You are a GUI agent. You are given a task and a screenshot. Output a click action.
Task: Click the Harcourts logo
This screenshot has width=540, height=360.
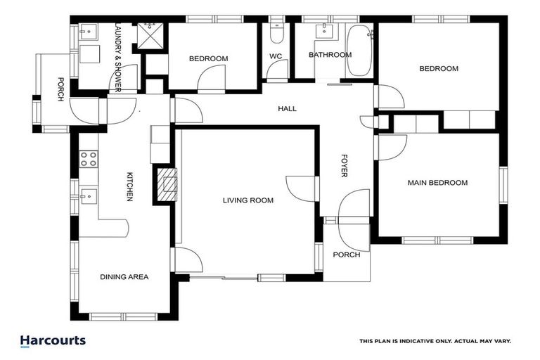pyautogui.click(x=53, y=341)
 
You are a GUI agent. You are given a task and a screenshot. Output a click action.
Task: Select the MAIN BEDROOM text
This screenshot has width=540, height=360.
pyautogui.click(x=437, y=183)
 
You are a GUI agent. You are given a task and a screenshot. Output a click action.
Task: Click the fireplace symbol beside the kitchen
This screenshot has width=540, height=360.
pyautogui.click(x=167, y=184)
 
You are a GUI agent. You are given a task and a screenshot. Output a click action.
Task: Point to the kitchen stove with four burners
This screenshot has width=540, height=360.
pyautogui.click(x=88, y=159)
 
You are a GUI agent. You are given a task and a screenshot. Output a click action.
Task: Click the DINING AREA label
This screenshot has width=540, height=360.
pyautogui.click(x=124, y=277)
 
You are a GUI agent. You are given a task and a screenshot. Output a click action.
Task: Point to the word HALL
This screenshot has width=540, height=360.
pyautogui.click(x=287, y=109)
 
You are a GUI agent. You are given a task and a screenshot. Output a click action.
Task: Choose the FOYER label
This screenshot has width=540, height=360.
pyautogui.click(x=344, y=165)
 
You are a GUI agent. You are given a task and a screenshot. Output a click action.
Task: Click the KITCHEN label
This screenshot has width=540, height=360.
pyautogui.click(x=129, y=186)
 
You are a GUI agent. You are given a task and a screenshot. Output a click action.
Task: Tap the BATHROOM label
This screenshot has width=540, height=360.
pyautogui.click(x=330, y=55)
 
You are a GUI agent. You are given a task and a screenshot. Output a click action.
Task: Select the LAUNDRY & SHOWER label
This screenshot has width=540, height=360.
pyautogui.click(x=117, y=57)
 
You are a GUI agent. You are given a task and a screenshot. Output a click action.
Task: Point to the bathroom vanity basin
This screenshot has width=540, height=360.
pyautogui.click(x=325, y=30)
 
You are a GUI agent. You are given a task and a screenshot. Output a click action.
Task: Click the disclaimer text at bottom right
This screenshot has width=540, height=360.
pyautogui.click(x=435, y=341)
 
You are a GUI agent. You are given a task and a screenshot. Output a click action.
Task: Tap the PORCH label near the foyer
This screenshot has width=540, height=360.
pyautogui.click(x=346, y=255)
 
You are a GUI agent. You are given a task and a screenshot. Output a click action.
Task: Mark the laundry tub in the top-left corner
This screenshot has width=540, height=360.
pyautogui.click(x=88, y=32)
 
